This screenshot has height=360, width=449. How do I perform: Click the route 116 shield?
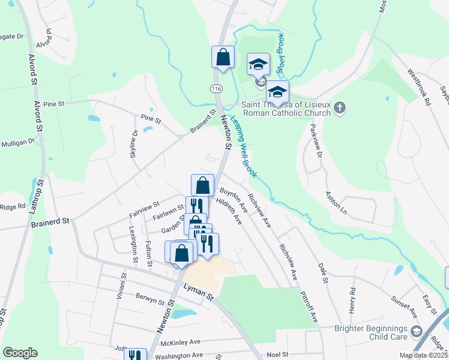[217, 88]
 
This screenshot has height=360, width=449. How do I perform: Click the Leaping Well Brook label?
[244, 147]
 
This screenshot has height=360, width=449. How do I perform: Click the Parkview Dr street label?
[316, 143]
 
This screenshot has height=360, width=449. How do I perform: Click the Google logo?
[20, 353]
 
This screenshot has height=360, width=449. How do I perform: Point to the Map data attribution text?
[423, 355]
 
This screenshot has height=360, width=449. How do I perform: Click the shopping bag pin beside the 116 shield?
[223, 58]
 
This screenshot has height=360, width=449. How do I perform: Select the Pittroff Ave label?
[310, 308]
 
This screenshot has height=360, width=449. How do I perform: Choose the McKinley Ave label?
[180, 343]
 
